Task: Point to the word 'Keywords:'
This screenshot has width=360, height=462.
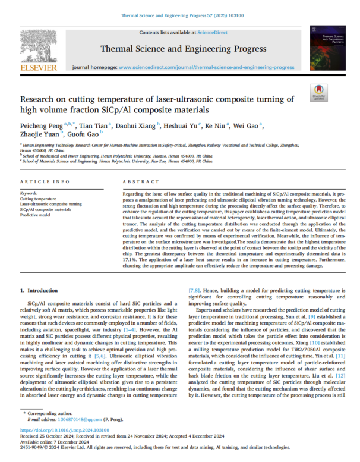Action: tap(29, 193)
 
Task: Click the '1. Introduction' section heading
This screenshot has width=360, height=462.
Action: tap(39, 290)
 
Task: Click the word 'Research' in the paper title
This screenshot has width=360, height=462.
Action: tap(37, 100)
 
